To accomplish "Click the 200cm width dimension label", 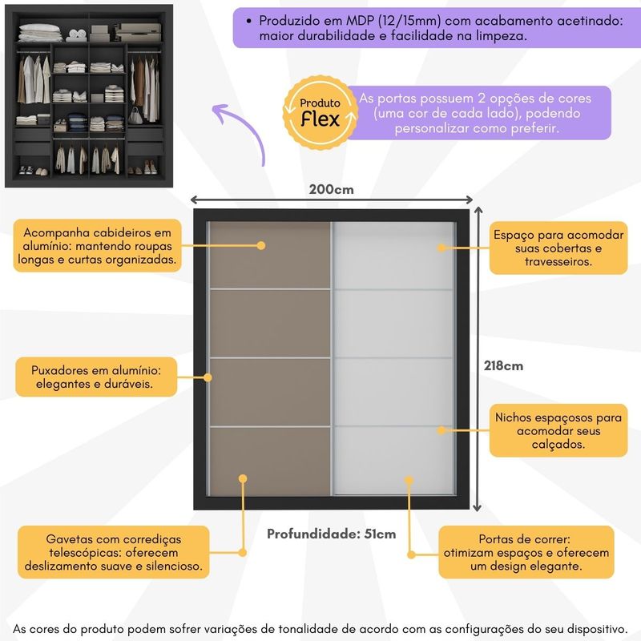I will (x=331, y=191).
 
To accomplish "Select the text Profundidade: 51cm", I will (x=331, y=534).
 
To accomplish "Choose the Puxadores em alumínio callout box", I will (x=96, y=377).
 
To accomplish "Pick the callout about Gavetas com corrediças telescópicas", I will (x=113, y=552).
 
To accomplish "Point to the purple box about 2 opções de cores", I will (x=481, y=112).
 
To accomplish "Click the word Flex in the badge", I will (x=320, y=119).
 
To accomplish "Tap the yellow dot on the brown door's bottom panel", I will (x=241, y=478).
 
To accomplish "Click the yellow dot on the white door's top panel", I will (x=441, y=248).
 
